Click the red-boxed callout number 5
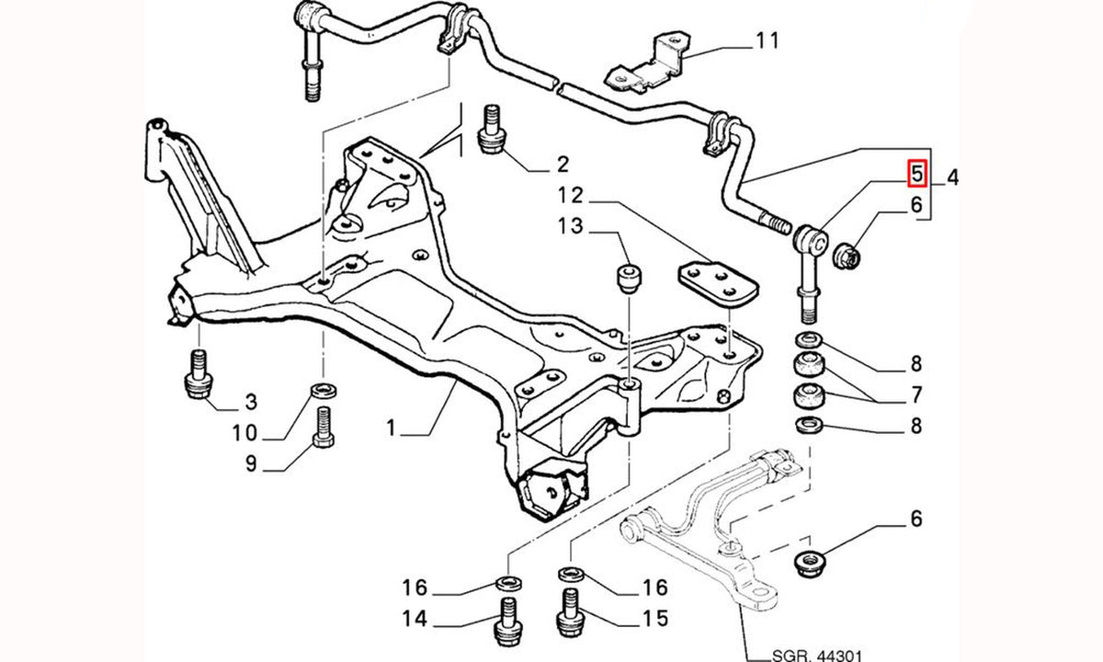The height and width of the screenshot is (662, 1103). (x=917, y=174)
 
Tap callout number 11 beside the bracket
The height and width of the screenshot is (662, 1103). (x=768, y=40)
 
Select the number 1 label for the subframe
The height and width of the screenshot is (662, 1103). (x=391, y=428)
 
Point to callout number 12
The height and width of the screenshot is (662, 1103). (x=571, y=196)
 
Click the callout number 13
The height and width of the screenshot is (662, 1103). (x=571, y=226)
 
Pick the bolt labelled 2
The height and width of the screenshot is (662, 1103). (x=492, y=130)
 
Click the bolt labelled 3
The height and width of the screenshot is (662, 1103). (x=199, y=374)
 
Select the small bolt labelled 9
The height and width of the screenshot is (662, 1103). (x=323, y=427)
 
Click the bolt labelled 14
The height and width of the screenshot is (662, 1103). (x=508, y=622)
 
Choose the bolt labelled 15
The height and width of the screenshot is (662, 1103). (x=570, y=613)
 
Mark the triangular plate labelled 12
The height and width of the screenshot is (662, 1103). (x=718, y=284)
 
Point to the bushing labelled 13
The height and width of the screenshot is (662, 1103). (x=630, y=279)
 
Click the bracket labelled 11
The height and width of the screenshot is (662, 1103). (x=646, y=63)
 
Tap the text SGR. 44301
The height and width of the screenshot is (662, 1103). (x=817, y=656)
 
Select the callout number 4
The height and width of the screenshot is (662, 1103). (x=953, y=177)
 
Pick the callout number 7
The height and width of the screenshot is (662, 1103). (x=915, y=395)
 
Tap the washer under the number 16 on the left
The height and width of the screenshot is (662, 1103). (x=508, y=584)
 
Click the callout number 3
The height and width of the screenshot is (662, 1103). (x=251, y=402)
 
